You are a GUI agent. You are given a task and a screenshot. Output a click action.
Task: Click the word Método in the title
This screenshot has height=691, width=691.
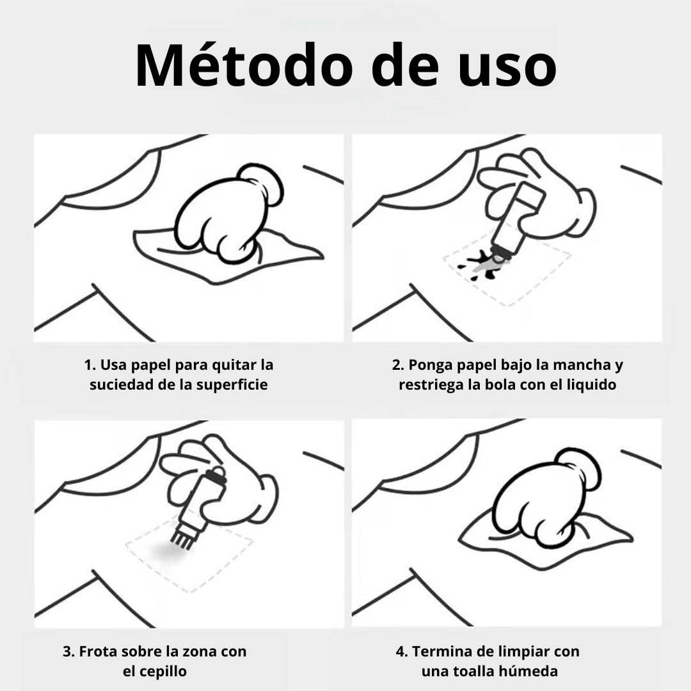pyautogui.click(x=244, y=65)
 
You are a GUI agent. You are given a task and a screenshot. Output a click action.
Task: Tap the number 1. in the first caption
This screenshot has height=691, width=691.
pyautogui.click(x=90, y=365)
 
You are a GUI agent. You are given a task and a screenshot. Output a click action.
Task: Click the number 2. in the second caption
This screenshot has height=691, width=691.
pyautogui.click(x=398, y=365)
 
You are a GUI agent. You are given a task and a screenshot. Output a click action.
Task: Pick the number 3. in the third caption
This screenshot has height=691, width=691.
pyautogui.click(x=68, y=651)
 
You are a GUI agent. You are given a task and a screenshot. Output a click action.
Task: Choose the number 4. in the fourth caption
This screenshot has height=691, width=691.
pyautogui.click(x=402, y=651)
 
